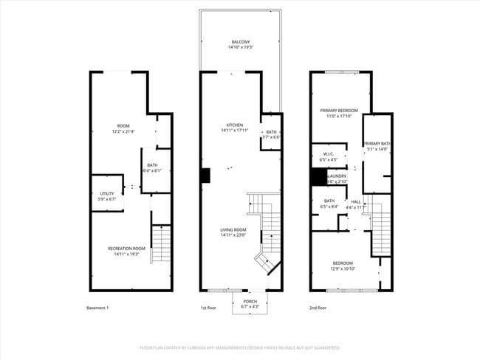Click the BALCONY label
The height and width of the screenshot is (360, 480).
(x=240, y=42)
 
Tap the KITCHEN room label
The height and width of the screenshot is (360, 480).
(x=235, y=125)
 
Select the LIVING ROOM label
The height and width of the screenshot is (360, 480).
(x=233, y=230)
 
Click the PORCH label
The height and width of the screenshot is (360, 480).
(x=250, y=301)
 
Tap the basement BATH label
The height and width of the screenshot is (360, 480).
(x=152, y=165)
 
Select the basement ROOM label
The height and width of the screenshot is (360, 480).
(x=123, y=126)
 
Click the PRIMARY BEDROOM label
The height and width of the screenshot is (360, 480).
(x=338, y=111)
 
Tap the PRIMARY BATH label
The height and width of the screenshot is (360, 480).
(x=377, y=144)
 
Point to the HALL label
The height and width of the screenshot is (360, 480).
(x=356, y=202)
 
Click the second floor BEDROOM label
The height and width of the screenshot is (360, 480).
(x=342, y=263)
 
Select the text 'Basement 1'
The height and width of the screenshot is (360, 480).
(x=97, y=307)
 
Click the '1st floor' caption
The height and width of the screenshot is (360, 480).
(x=208, y=307)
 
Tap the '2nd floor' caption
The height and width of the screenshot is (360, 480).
(x=317, y=307)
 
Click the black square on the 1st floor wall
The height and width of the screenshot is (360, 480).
(x=205, y=176)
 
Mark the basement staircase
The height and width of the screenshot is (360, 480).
(x=161, y=244)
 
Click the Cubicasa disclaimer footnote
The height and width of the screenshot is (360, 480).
(x=239, y=347)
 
